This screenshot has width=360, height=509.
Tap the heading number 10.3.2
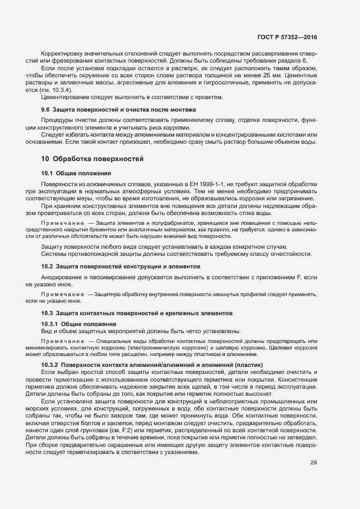(x=50, y=364)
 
